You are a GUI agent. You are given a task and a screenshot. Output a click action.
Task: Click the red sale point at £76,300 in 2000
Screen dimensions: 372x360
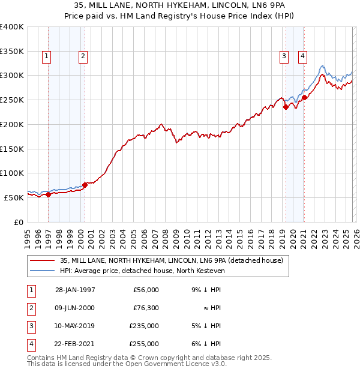click(x=85, y=185)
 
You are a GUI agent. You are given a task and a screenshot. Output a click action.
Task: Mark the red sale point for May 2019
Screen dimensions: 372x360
click(x=286, y=107)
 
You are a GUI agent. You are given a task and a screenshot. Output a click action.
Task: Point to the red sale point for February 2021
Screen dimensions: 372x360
click(x=304, y=97)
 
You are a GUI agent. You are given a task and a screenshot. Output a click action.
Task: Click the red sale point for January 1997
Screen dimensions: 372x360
click(x=49, y=194)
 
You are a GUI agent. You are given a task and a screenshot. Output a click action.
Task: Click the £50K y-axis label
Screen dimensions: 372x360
click(x=14, y=197)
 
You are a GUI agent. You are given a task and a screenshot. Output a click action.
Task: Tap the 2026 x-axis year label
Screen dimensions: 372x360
click(x=356, y=237)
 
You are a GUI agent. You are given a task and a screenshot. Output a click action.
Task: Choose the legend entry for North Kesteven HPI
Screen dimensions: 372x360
click(x=142, y=271)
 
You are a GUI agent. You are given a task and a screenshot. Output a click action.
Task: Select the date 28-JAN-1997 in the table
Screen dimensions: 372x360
click(x=75, y=290)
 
